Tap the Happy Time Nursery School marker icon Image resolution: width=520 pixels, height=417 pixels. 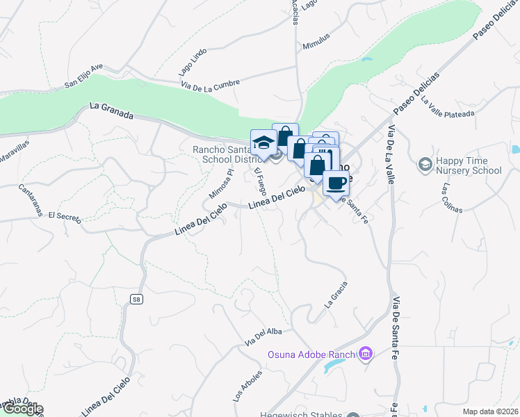pyautogui.click(x=424, y=165)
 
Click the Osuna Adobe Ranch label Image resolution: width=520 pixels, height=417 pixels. pyautogui.click(x=312, y=355)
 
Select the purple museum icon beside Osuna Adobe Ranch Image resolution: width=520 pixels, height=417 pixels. pyautogui.click(x=366, y=355)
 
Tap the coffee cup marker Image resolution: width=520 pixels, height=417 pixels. pyautogui.click(x=336, y=183)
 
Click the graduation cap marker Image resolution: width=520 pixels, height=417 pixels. pyautogui.click(x=263, y=142)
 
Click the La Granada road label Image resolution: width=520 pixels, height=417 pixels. pyautogui.click(x=111, y=111)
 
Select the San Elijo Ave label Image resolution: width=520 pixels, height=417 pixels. pyautogui.click(x=83, y=76)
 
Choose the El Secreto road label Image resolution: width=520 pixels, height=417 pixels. pyautogui.click(x=65, y=217)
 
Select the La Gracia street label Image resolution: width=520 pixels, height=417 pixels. pyautogui.click(x=336, y=295)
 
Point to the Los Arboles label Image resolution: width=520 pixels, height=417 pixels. pyautogui.click(x=248, y=387)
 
